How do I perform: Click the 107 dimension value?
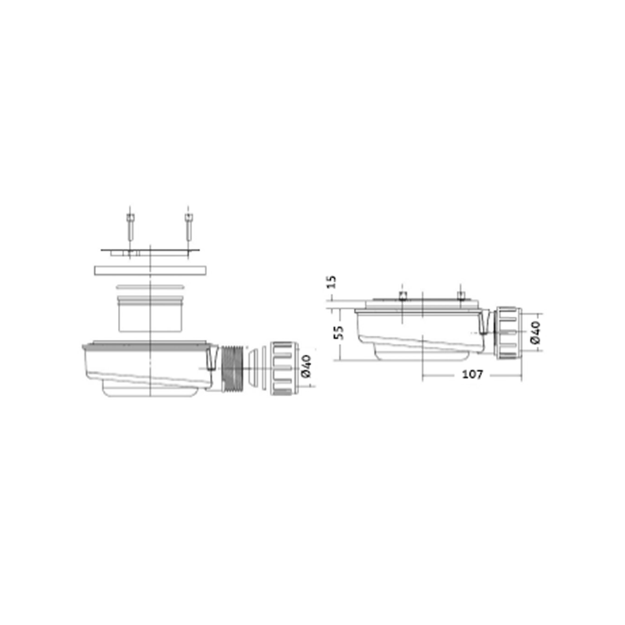(x=473, y=375)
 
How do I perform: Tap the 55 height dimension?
(x=338, y=332)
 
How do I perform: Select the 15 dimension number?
(x=330, y=282)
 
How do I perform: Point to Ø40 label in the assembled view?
(x=536, y=332)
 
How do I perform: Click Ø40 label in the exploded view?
(x=306, y=366)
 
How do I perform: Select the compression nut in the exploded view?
(x=283, y=368)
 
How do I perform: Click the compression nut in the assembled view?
(x=506, y=333)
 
